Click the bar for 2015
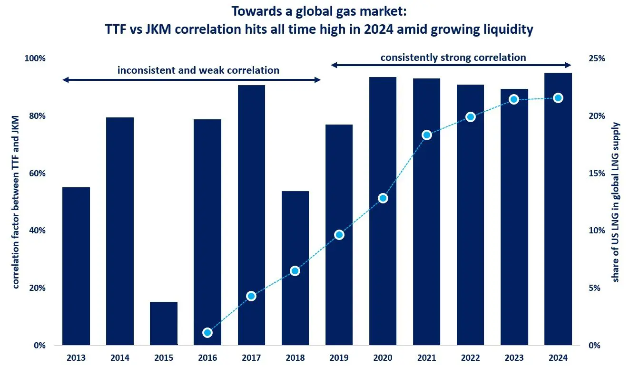(x=164, y=323)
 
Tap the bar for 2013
(x=76, y=266)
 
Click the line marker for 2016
(x=207, y=333)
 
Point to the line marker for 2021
(x=427, y=135)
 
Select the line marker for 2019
(x=339, y=235)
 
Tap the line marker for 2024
(x=558, y=98)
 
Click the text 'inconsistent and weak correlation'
(x=198, y=70)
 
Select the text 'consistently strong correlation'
(x=453, y=58)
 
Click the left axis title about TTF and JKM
(x=16, y=202)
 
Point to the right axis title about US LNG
(x=616, y=202)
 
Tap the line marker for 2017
(x=251, y=296)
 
